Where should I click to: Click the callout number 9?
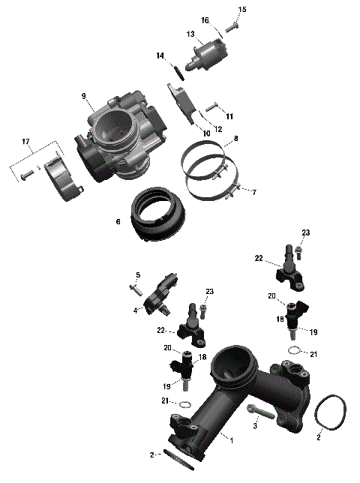[84, 96]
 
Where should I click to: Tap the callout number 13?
[191, 34]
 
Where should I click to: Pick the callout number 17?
[25, 141]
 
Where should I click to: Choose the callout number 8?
[235, 139]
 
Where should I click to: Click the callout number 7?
[253, 193]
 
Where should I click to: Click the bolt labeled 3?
[259, 411]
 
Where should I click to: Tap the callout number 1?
[232, 439]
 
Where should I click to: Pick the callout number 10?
[206, 133]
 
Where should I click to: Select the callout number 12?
[218, 129]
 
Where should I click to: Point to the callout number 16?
[205, 20]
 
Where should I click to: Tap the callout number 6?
[118, 222]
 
